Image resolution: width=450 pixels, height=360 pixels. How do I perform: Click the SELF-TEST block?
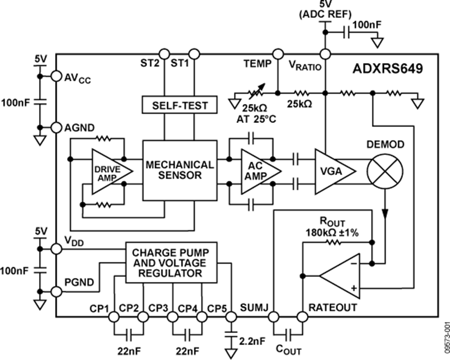pos(179,105)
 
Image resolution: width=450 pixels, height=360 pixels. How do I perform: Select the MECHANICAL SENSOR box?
pos(180,169)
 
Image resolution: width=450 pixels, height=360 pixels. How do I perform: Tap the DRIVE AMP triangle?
pos(108,171)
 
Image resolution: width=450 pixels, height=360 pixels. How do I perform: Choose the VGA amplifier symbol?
pos(332,171)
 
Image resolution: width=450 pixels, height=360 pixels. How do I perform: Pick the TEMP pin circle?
pos(278,53)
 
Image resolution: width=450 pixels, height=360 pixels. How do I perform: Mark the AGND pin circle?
pos(55,127)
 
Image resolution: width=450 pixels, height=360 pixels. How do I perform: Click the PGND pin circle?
pos(55,290)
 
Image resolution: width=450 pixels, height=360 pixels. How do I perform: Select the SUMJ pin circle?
pos(273,316)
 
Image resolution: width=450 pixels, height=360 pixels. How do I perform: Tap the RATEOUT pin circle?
pos(301,316)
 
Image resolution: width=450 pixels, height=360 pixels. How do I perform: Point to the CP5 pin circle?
pos(230,316)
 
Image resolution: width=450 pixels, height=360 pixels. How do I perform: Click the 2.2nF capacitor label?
pos(253,342)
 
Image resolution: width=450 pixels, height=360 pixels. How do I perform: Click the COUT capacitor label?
pos(289,349)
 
